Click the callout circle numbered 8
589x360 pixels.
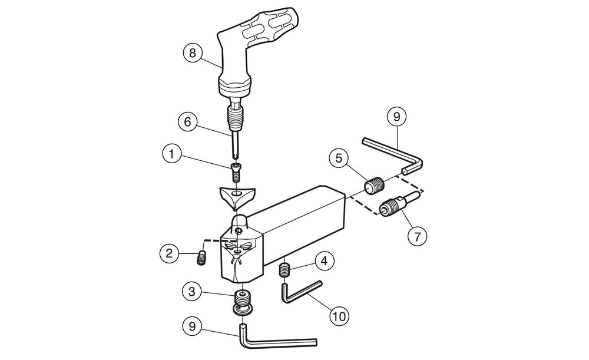pyautogui.click(x=193, y=53)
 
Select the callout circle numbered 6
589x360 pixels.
pyautogui.click(x=187, y=122)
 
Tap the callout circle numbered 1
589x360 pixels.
pyautogui.click(x=171, y=154)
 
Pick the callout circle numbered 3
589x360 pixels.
pyautogui.click(x=192, y=292)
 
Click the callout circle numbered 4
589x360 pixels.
pyautogui.click(x=325, y=261)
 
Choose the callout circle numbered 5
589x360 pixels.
pyautogui.click(x=339, y=158)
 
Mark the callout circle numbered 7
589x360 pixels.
pyautogui.click(x=418, y=237)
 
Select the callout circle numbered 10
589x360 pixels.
pyautogui.click(x=339, y=316)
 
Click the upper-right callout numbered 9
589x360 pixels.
pyautogui.click(x=396, y=117)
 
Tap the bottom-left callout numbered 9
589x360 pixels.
pyautogui.click(x=192, y=326)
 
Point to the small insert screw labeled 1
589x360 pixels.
pyautogui.click(x=236, y=173)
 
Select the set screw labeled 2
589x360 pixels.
pyautogui.click(x=201, y=259)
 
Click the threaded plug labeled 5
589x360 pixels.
pyautogui.click(x=374, y=185)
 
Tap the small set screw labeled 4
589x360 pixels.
pyautogui.click(x=286, y=270)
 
